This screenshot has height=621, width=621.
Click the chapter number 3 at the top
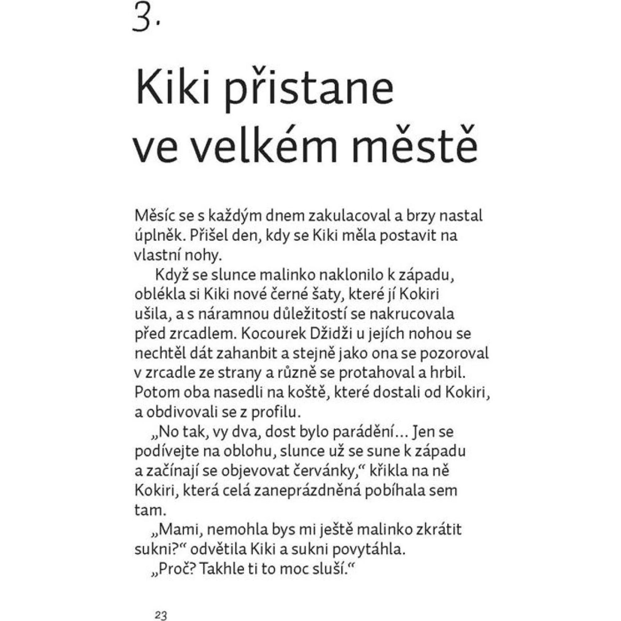coord(142,19)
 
